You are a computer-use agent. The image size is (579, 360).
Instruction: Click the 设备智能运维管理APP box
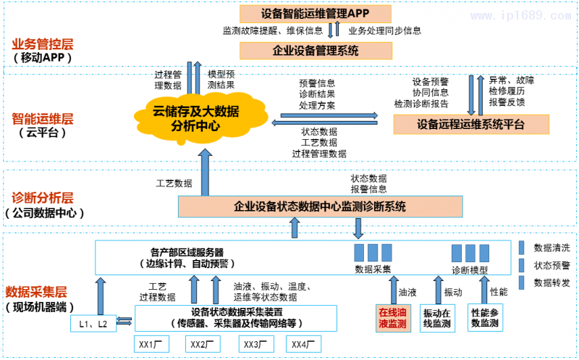[x=315, y=13]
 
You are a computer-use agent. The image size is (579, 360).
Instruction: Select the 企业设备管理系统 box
[x=315, y=51]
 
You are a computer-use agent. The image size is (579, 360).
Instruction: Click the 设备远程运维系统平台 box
[x=470, y=125]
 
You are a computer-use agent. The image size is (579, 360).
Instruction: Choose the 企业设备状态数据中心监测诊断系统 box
[x=320, y=207]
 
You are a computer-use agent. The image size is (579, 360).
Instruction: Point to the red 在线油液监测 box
[x=392, y=317]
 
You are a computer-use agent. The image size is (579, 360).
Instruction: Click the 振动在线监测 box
[x=437, y=317]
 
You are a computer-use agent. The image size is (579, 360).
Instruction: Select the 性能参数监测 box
[x=484, y=317]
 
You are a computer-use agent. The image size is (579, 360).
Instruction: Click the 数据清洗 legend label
[x=551, y=247]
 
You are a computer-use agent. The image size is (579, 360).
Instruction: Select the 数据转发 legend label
[x=551, y=282]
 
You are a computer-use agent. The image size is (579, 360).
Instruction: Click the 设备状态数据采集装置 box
[x=236, y=317]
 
